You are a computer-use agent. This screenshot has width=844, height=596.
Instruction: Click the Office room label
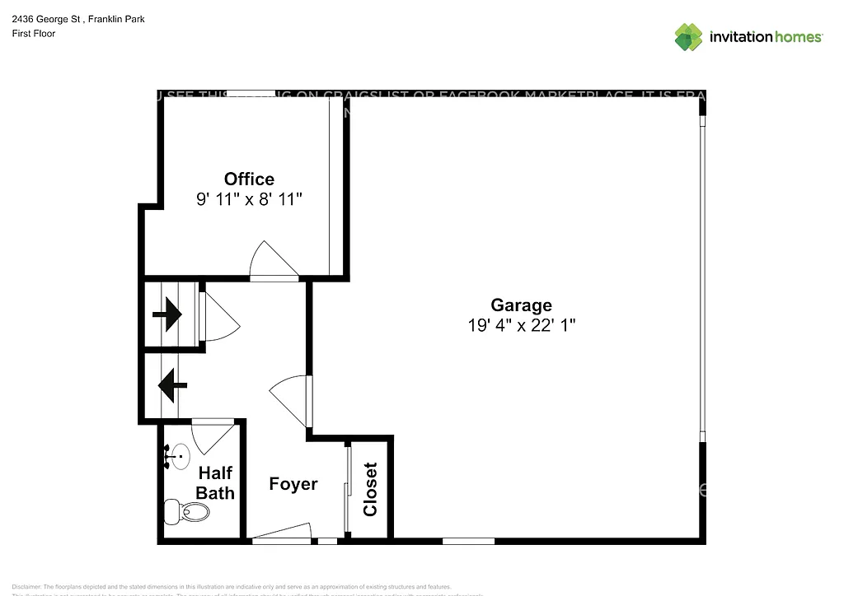coord(249,179)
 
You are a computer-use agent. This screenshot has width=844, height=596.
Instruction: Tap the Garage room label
coord(521,305)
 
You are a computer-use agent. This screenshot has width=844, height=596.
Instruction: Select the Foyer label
coord(293,484)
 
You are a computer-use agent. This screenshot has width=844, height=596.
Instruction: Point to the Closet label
coord(370,489)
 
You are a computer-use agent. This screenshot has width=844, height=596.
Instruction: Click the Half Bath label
coord(215,483)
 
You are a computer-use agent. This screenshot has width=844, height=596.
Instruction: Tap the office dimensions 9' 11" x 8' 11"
coord(249,199)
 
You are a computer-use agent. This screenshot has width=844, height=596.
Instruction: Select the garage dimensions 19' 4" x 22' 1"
coord(521,325)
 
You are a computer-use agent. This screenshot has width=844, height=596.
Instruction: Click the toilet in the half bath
coord(187,512)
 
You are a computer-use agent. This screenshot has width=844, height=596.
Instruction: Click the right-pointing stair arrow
coord(168,314)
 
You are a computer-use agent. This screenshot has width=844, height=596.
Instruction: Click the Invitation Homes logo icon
coord(689,37)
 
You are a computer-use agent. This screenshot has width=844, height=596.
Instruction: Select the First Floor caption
coord(34,34)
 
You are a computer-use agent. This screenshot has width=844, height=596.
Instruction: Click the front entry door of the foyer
coord(282,535)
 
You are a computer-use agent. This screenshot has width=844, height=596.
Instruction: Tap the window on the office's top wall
coord(251,93)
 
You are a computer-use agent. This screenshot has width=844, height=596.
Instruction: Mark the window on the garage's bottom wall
coord(468,541)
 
